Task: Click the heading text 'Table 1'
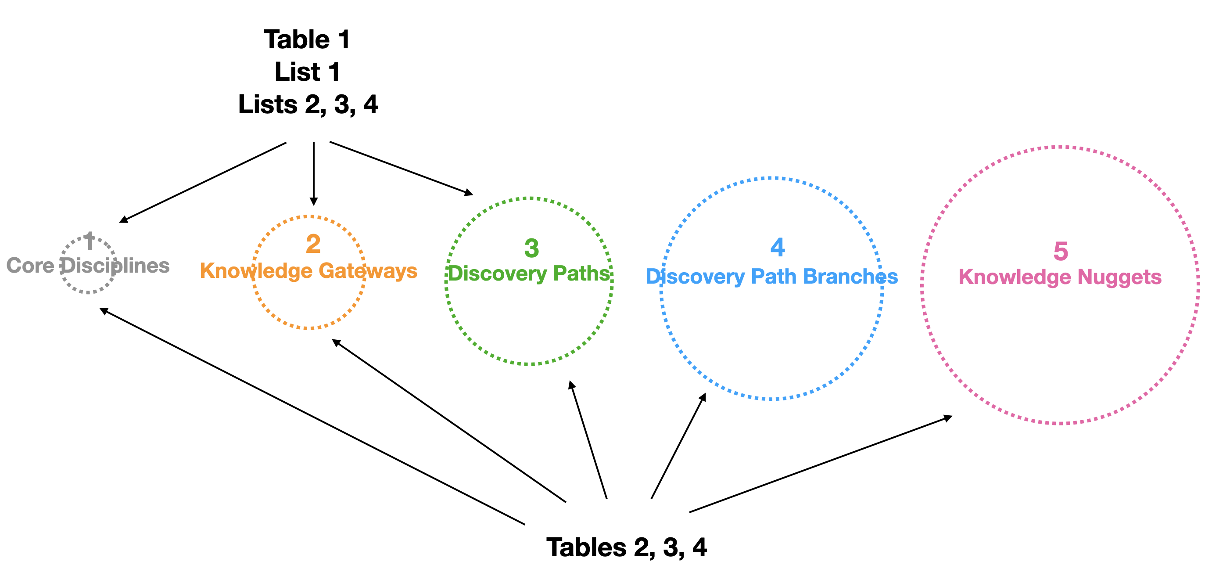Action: [307, 40]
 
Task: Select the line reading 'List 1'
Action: [307, 72]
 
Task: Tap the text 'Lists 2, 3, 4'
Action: [308, 104]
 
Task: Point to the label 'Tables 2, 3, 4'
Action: [626, 548]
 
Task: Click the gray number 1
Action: [90, 242]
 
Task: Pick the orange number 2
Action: [313, 244]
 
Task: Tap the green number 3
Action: [532, 248]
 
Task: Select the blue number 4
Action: [778, 248]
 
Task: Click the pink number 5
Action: [1061, 251]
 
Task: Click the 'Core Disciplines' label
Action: [88, 266]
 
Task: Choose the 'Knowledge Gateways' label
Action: [308, 271]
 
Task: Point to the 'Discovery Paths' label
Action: [529, 274]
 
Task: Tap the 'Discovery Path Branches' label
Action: [771, 277]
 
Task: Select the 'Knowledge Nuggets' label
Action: [1060, 277]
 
